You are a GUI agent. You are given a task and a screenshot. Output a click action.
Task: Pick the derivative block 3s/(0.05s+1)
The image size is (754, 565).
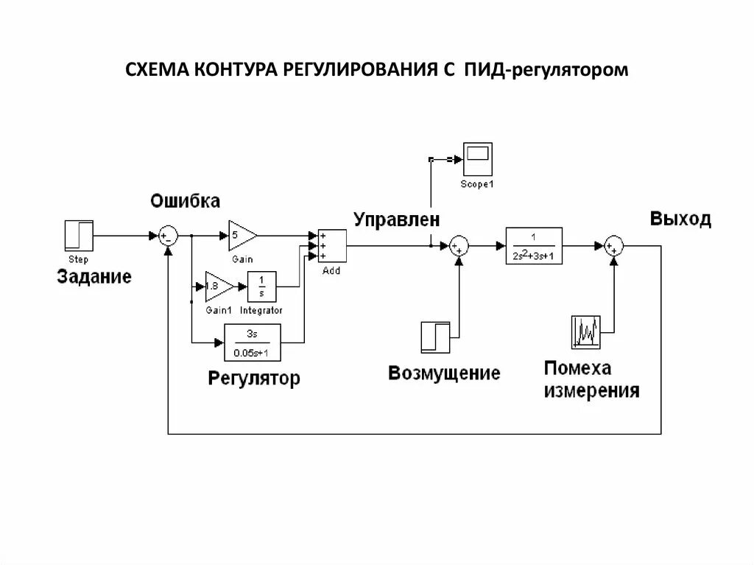252,342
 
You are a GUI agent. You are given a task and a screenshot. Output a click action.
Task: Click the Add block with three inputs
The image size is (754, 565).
331,245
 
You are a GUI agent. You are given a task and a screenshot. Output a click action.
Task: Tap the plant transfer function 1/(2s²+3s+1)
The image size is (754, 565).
534,245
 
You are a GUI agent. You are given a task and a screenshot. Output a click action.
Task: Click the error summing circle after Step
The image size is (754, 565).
169,236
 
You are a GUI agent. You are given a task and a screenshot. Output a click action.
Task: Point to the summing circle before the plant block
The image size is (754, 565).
459,245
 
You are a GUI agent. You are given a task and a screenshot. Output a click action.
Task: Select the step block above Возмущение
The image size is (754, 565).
434,336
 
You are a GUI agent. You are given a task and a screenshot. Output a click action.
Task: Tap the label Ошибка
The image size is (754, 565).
186,200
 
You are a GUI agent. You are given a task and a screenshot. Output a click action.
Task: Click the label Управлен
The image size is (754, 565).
396,220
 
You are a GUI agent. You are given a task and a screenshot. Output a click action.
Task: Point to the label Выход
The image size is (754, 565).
680,219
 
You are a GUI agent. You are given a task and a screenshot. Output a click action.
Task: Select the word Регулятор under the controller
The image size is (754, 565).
254,379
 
